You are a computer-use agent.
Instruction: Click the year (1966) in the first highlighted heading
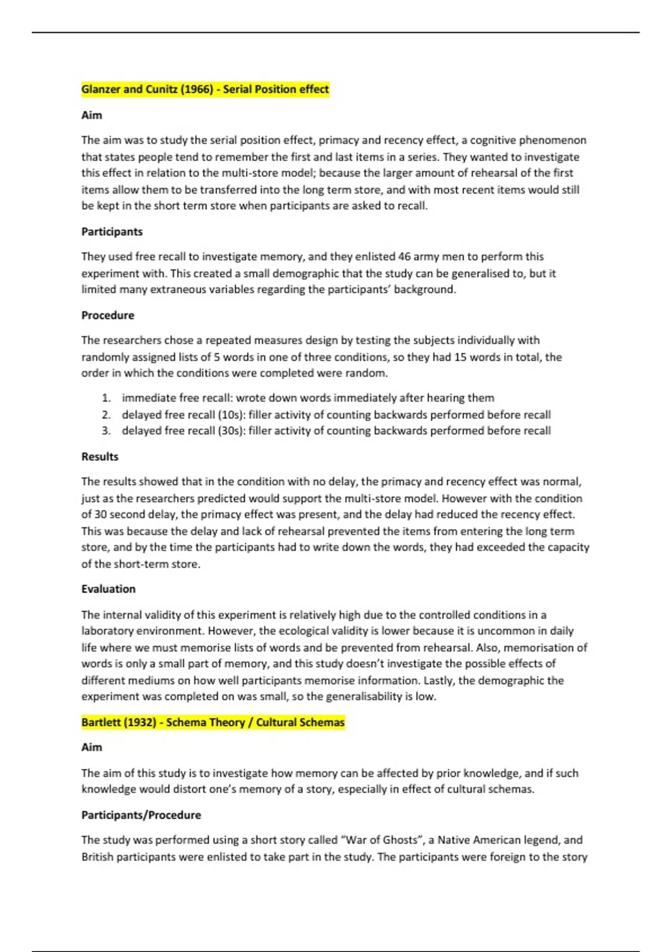click(197, 90)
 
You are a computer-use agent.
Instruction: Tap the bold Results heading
click(100, 456)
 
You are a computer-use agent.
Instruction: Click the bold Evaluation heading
click(108, 589)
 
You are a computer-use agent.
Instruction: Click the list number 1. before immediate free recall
click(106, 398)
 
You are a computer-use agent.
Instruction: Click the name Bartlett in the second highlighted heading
click(100, 722)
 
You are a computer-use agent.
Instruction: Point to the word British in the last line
click(97, 857)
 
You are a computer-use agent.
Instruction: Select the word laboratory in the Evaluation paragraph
click(107, 631)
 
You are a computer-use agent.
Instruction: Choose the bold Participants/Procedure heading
click(141, 815)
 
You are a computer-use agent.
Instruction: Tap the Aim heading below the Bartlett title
click(92, 747)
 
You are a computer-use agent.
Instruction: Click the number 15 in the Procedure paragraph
click(460, 357)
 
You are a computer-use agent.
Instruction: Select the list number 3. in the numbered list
click(106, 431)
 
